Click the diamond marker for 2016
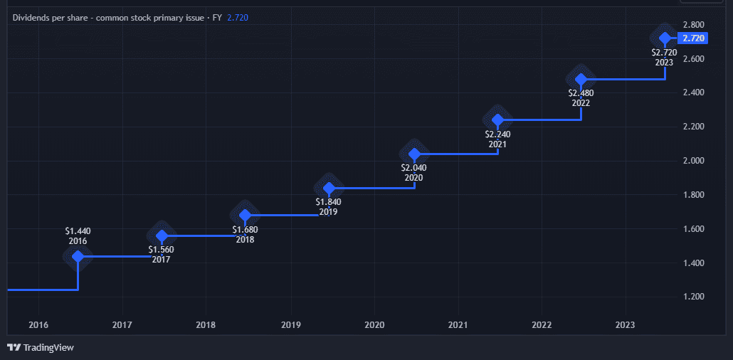(78, 256)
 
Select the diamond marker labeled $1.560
(162, 235)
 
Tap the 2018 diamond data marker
(245, 215)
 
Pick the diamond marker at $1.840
(329, 188)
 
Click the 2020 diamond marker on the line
(413, 154)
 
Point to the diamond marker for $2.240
(497, 120)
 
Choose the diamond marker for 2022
(581, 79)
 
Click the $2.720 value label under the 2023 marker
(664, 52)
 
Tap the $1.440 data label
(78, 231)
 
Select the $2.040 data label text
(413, 168)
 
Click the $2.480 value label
(581, 92)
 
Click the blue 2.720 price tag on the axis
(692, 38)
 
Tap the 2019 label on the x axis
(290, 325)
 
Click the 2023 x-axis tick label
(625, 325)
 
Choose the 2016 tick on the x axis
(38, 325)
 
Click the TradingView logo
(41, 347)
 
